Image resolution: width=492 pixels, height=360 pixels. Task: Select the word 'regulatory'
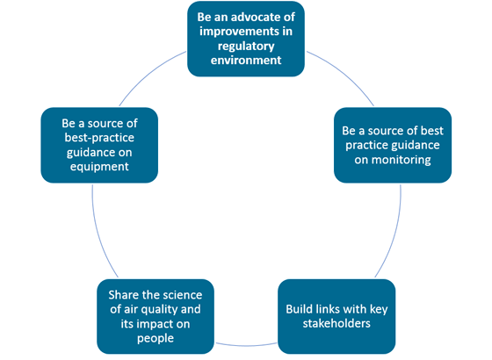click(x=246, y=47)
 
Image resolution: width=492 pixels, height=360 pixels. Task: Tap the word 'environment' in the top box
click(x=246, y=60)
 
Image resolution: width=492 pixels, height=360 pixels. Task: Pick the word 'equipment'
click(x=99, y=167)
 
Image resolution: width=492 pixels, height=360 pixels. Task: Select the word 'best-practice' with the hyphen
click(x=99, y=138)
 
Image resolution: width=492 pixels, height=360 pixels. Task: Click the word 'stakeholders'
click(x=336, y=323)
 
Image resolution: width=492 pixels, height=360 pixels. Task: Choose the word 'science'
click(x=184, y=295)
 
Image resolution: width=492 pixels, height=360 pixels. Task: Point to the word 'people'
click(x=156, y=339)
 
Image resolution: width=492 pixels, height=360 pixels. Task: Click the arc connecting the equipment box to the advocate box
click(x=149, y=75)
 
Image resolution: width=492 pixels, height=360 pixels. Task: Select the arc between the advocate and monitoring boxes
click(x=343, y=75)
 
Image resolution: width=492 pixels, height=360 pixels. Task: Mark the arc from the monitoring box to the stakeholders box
click(x=394, y=234)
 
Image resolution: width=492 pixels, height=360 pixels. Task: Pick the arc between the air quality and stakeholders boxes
click(x=246, y=346)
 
